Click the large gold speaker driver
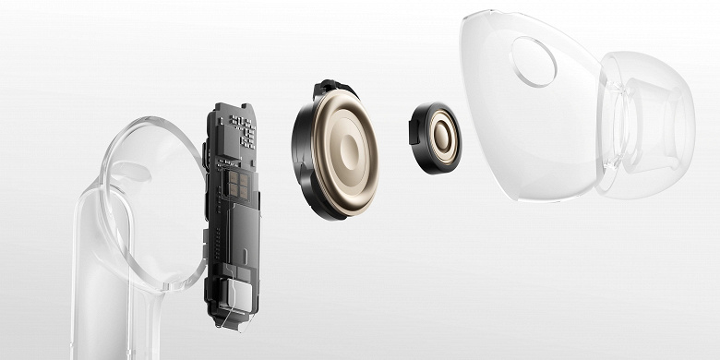pos(336,151)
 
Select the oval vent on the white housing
pos(534,61)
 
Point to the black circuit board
pos(231,212)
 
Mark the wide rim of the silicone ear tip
pos(679,111)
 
